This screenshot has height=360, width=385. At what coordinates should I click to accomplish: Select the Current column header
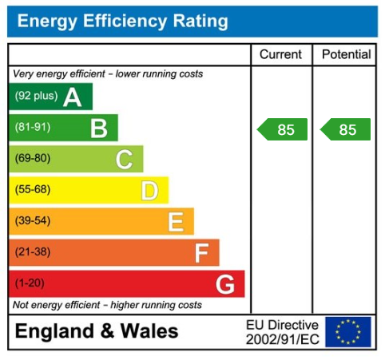pyautogui.click(x=281, y=54)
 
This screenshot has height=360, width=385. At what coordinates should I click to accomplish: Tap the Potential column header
pyautogui.click(x=346, y=54)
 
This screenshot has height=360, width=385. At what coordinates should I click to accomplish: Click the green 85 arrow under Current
pyautogui.click(x=283, y=129)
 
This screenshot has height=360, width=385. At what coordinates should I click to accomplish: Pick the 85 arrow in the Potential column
pyautogui.click(x=346, y=129)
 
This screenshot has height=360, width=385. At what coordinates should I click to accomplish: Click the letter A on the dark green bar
pyautogui.click(x=73, y=97)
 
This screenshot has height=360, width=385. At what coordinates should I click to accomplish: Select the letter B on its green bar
pyautogui.click(x=98, y=128)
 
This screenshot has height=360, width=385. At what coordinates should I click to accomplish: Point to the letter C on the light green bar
pyautogui.click(x=124, y=159)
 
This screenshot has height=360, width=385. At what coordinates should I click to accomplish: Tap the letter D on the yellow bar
pyautogui.click(x=149, y=190)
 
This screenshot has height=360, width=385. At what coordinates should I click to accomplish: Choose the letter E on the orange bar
pyautogui.click(x=176, y=221)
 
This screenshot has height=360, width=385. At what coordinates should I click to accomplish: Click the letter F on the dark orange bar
pyautogui.click(x=201, y=252)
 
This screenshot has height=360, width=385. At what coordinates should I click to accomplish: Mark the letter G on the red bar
pyautogui.click(x=225, y=283)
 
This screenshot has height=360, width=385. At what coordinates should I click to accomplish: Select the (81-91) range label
pyautogui.click(x=32, y=128)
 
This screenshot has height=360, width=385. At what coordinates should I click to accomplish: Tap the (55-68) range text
pyautogui.click(x=32, y=190)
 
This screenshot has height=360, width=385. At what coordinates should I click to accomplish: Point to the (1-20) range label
pyautogui.click(x=30, y=283)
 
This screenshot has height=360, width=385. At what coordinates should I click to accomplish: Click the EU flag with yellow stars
pyautogui.click(x=347, y=331)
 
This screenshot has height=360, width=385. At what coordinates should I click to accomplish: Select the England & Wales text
pyautogui.click(x=97, y=331)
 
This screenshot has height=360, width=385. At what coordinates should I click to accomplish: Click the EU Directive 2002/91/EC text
pyautogui.click(x=281, y=332)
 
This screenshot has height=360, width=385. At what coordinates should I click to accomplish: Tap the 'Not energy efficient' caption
pyautogui.click(x=107, y=305)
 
